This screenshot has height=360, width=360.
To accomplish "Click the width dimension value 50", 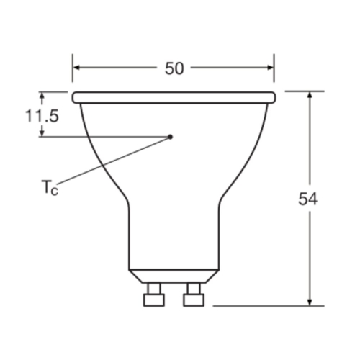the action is pos(174,68).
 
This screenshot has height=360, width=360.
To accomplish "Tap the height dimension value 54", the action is pos(307,199).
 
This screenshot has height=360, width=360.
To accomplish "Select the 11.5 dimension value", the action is pos(42,116).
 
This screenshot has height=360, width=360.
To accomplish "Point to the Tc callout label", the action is pos(50,187).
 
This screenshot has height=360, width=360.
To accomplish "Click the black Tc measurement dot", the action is pos(170,137).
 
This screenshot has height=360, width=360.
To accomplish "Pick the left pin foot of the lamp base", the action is pos(154,300).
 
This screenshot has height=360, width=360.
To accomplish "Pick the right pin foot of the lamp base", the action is pos(194,300).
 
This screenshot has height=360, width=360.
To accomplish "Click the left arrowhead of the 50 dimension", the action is pos(76,68).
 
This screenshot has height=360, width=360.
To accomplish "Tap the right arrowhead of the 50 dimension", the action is pos(271,68).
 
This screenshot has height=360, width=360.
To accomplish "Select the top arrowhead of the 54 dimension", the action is pos(310,95).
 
